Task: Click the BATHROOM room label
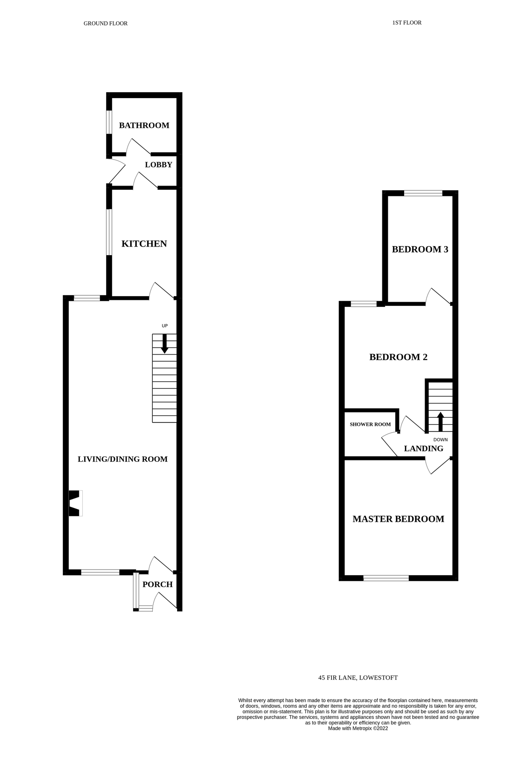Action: (x=144, y=125)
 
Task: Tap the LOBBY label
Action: (x=158, y=165)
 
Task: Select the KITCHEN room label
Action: (x=144, y=244)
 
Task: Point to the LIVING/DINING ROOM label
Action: (x=122, y=459)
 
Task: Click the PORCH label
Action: (x=157, y=585)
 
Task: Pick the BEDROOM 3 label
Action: (x=420, y=249)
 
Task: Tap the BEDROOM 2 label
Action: (x=398, y=357)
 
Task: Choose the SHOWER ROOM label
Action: (x=370, y=425)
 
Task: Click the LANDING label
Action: (x=423, y=448)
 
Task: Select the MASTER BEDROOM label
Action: (x=398, y=519)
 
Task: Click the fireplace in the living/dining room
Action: (x=75, y=503)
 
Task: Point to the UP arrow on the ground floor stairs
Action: (x=165, y=343)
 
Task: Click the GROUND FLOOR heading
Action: (x=105, y=23)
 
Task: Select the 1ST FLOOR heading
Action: (x=407, y=23)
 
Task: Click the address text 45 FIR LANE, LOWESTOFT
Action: (x=358, y=678)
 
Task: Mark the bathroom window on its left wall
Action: (x=109, y=122)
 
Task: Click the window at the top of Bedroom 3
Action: (x=423, y=193)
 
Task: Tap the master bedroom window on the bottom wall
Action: (x=386, y=578)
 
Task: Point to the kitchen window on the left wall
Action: (x=109, y=232)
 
